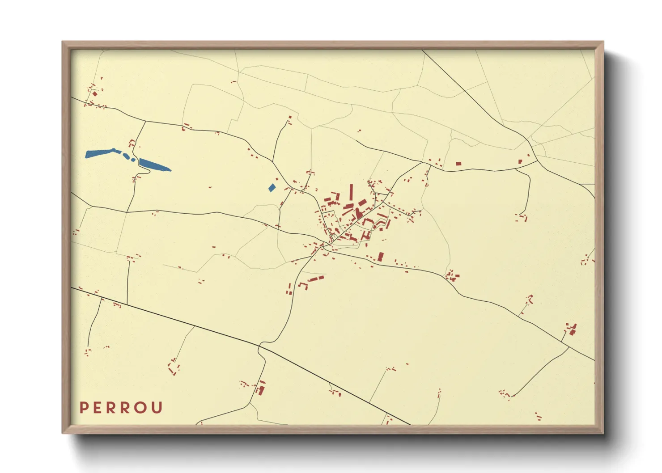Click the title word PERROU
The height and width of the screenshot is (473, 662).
click(x=121, y=408)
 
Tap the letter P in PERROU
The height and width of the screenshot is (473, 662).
click(x=83, y=408)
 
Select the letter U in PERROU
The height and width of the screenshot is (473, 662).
click(x=157, y=408)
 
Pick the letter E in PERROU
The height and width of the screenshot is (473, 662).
click(x=97, y=408)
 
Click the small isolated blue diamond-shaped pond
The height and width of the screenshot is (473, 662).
click(x=272, y=188)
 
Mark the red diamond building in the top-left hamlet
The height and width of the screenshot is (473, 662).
click(x=94, y=94)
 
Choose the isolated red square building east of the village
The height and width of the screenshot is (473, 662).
click(x=458, y=164)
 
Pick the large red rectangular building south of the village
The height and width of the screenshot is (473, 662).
click(x=381, y=257)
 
